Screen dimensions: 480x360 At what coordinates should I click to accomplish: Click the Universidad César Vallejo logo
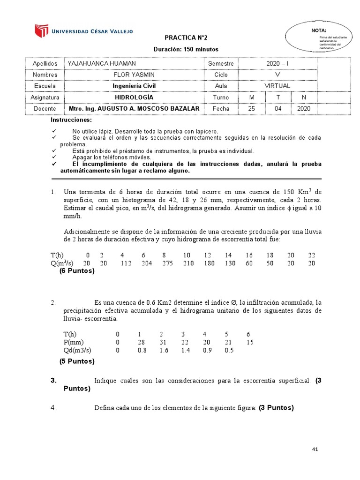83,31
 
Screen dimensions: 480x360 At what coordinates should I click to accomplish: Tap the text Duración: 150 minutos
186,49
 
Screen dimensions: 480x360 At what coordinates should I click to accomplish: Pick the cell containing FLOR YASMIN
134,75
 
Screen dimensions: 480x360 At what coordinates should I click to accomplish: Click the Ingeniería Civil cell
134,86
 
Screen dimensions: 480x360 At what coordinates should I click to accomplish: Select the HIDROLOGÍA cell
134,97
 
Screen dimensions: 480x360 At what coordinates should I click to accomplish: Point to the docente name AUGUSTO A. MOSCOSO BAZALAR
134,109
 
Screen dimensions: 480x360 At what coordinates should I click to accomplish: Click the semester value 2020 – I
278,63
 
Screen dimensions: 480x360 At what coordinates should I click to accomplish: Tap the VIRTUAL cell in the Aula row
277,86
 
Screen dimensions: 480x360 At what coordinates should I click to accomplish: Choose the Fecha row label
221,109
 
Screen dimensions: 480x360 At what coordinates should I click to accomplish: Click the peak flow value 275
167,263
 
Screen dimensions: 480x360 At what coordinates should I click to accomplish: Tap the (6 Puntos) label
77,271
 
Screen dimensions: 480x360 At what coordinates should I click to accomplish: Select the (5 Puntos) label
77,361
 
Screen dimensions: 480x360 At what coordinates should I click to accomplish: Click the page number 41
315,449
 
